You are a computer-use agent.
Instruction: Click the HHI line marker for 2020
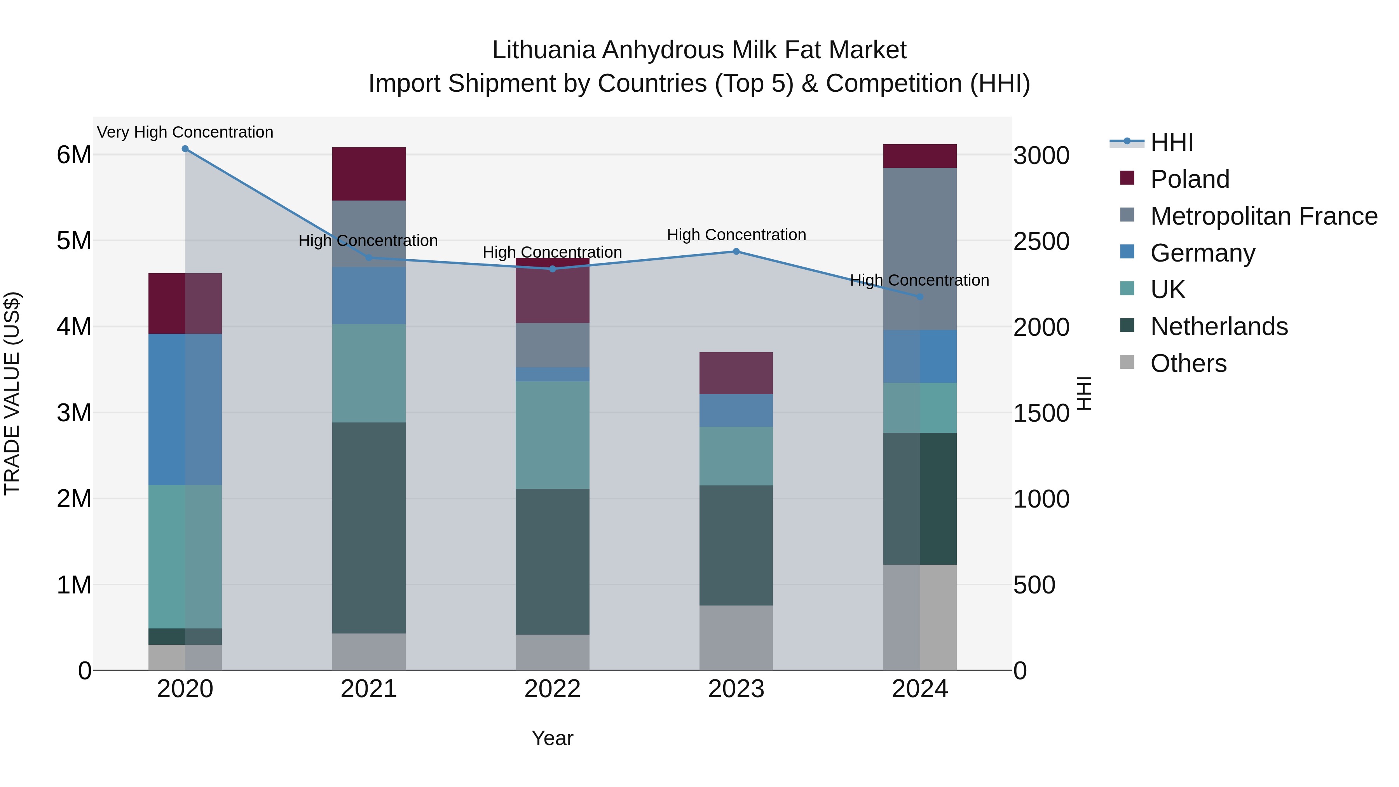[x=185, y=149]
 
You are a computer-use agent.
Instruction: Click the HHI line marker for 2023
[x=736, y=251]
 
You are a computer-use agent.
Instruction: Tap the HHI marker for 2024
[x=920, y=297]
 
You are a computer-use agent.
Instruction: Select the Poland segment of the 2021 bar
[x=369, y=174]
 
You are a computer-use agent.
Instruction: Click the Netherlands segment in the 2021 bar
[x=369, y=527]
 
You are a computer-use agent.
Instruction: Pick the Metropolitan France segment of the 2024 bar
[x=920, y=249]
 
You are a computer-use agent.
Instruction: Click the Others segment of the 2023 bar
[x=736, y=638]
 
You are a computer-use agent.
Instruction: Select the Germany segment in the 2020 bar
[x=185, y=410]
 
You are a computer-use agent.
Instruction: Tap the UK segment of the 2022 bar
[x=552, y=435]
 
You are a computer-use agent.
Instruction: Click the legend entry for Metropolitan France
[x=1263, y=216]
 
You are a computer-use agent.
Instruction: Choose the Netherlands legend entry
[x=1219, y=326]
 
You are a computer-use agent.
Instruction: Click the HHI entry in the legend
[x=1171, y=142]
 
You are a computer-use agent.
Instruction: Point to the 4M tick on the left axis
[x=74, y=327]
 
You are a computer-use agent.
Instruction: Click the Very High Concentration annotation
[x=185, y=133]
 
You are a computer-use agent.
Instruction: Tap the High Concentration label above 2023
[x=736, y=235]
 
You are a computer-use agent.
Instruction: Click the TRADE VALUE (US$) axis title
[x=12, y=393]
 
